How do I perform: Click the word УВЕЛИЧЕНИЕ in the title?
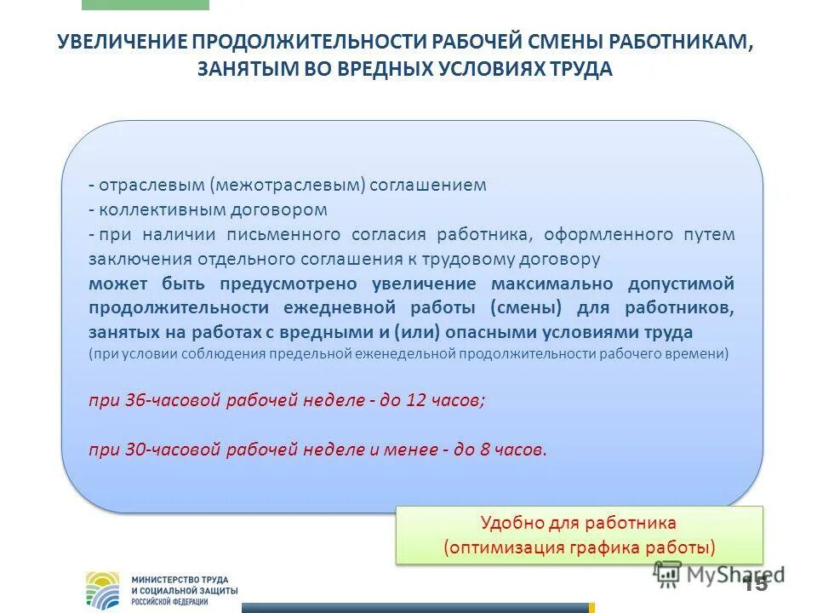click(122, 43)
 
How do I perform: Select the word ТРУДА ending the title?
click(582, 70)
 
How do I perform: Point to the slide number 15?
click(754, 584)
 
